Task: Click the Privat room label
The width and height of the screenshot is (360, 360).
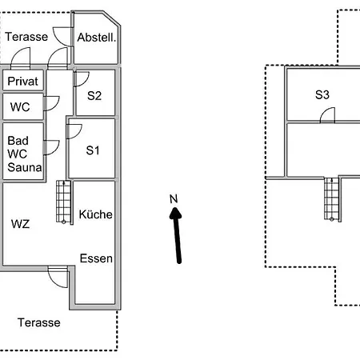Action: [22, 82]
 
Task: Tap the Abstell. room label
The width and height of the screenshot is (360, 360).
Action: [97, 38]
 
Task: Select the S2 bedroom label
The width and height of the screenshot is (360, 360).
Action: [94, 96]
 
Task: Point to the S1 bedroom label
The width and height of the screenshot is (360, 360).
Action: [93, 150]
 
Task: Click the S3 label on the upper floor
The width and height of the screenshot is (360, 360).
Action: [322, 94]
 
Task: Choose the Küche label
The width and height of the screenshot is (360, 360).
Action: [95, 214]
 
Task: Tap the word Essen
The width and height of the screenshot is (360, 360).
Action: [96, 258]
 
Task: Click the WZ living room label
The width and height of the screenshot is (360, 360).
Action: [20, 224]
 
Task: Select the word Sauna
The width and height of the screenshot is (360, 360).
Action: [25, 167]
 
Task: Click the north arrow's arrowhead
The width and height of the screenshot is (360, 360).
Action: [175, 214]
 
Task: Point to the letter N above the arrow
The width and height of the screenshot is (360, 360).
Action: [174, 199]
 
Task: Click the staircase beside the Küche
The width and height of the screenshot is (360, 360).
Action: [64, 202]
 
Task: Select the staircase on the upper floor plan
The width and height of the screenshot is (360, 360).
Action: [332, 199]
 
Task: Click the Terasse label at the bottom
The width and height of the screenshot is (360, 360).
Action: [39, 322]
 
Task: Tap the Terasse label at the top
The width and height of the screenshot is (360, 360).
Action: [26, 37]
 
